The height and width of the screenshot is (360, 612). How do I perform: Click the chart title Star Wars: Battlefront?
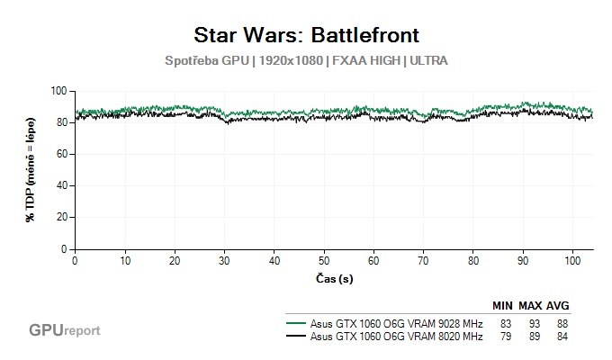click(306, 35)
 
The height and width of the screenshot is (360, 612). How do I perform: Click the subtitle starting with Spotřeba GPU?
click(306, 61)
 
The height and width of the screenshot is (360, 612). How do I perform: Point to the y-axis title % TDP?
click(31, 169)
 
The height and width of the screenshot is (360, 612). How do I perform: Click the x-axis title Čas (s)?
click(334, 278)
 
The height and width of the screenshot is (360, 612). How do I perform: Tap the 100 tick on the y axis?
click(60, 91)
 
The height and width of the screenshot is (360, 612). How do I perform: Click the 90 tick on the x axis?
click(523, 259)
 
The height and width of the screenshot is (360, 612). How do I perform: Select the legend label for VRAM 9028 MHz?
click(397, 323)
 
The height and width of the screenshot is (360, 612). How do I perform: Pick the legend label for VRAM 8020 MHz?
click(397, 337)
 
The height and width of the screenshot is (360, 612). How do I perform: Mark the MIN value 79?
click(506, 337)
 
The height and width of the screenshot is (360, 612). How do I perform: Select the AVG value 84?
click(562, 337)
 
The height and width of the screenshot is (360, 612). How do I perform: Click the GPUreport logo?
click(64, 330)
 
